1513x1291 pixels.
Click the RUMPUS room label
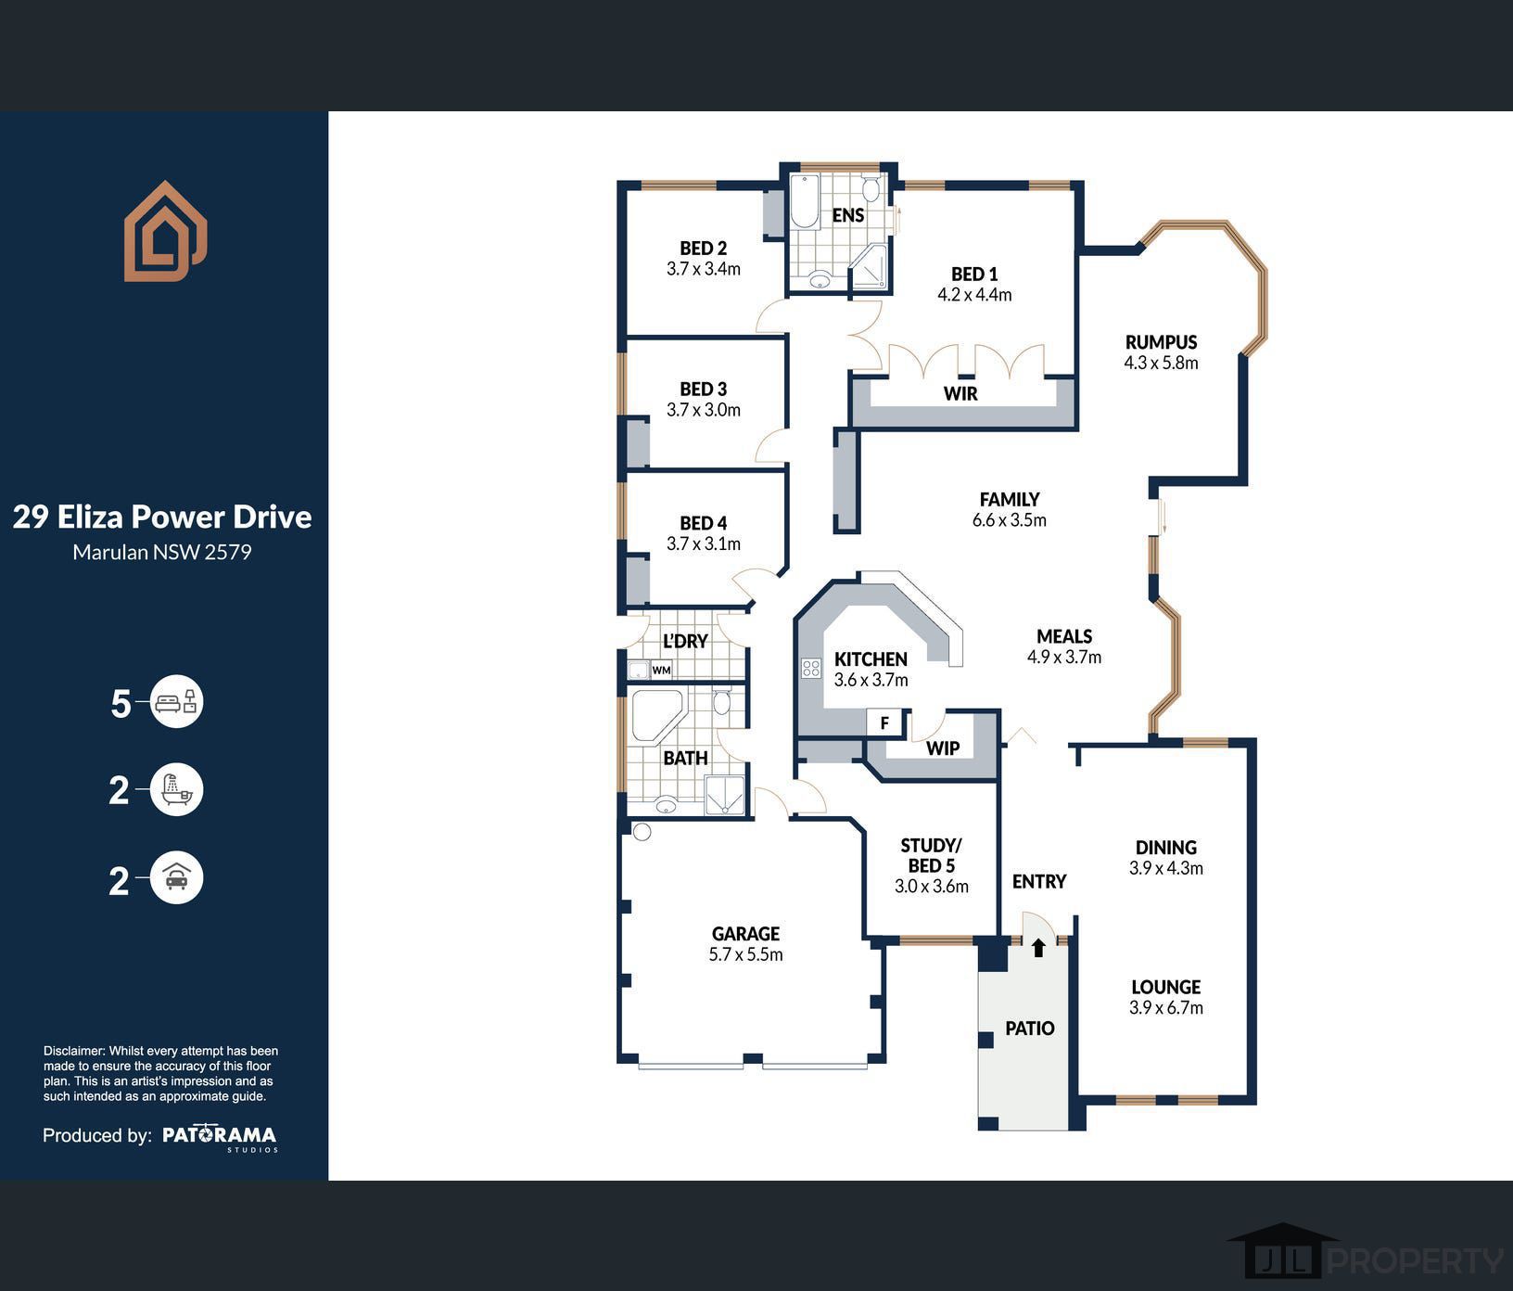pyautogui.click(x=1161, y=342)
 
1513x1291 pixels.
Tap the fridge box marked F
pyautogui.click(x=884, y=722)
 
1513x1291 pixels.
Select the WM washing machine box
pyautogui.click(x=661, y=670)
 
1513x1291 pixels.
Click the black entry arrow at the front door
pyautogui.click(x=1038, y=948)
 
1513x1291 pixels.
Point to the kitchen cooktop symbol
pyautogui.click(x=811, y=668)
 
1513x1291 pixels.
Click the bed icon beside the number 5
pyautogui.click(x=176, y=702)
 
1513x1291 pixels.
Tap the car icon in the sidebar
pyautogui.click(x=176, y=877)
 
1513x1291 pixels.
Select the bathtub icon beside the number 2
pyautogui.click(x=176, y=790)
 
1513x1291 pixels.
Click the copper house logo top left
pyautogui.click(x=165, y=232)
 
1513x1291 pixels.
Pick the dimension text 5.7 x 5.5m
pyautogui.click(x=745, y=955)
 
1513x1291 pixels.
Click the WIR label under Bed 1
pyautogui.click(x=960, y=393)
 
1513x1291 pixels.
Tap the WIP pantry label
pyautogui.click(x=943, y=748)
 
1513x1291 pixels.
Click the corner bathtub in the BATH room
pyautogui.click(x=655, y=715)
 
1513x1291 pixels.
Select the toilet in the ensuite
pyautogui.click(x=871, y=190)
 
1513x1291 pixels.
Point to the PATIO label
pyautogui.click(x=1029, y=1029)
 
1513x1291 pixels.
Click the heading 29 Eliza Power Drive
pyautogui.click(x=162, y=517)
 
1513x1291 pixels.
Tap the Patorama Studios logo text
pyautogui.click(x=219, y=1135)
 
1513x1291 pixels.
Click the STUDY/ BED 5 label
pyautogui.click(x=931, y=855)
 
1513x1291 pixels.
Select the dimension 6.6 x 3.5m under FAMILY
pyautogui.click(x=1009, y=520)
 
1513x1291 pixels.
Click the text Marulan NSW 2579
pyautogui.click(x=162, y=553)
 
